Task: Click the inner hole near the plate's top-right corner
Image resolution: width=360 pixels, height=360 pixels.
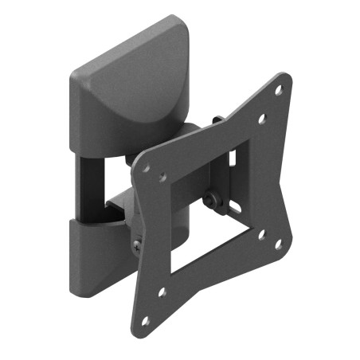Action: tap(262, 119)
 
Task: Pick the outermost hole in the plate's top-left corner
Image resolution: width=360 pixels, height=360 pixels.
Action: tap(145, 169)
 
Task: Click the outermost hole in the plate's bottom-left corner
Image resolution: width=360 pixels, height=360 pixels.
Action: tap(145, 320)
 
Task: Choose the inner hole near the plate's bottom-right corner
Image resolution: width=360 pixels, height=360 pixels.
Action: tap(261, 234)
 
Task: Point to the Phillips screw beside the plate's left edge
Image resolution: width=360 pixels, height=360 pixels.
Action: tap(139, 244)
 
